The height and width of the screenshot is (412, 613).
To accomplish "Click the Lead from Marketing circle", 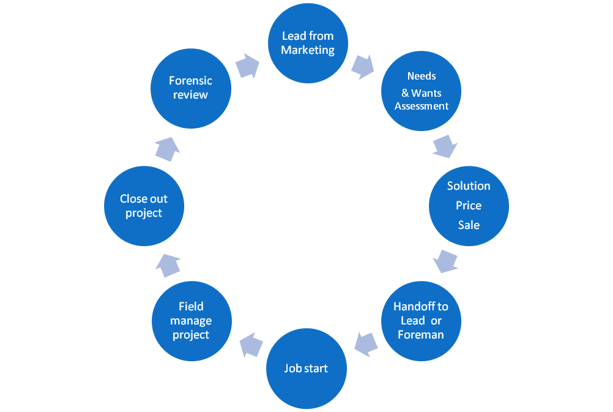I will [308, 43].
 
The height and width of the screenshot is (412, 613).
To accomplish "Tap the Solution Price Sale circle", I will [469, 206].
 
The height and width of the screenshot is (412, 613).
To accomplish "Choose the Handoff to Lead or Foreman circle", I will [421, 320].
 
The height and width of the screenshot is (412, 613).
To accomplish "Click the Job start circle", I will [306, 369].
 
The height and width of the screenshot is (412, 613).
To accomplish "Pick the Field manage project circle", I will [191, 320].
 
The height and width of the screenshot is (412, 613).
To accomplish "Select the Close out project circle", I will [144, 206].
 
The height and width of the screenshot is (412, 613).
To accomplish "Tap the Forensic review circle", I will [191, 88].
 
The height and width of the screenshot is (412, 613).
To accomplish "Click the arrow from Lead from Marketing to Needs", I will [363, 66].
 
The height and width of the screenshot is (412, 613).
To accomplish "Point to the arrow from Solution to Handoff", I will [445, 261].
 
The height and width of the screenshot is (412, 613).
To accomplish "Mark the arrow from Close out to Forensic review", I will [167, 148].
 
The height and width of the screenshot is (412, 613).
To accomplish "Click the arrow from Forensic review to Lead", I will [247, 66].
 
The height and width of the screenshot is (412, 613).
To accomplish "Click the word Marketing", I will [308, 50].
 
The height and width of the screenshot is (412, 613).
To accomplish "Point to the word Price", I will [469, 206].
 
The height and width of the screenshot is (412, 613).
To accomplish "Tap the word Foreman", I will [421, 335].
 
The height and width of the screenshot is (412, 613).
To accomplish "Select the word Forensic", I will [191, 81].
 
